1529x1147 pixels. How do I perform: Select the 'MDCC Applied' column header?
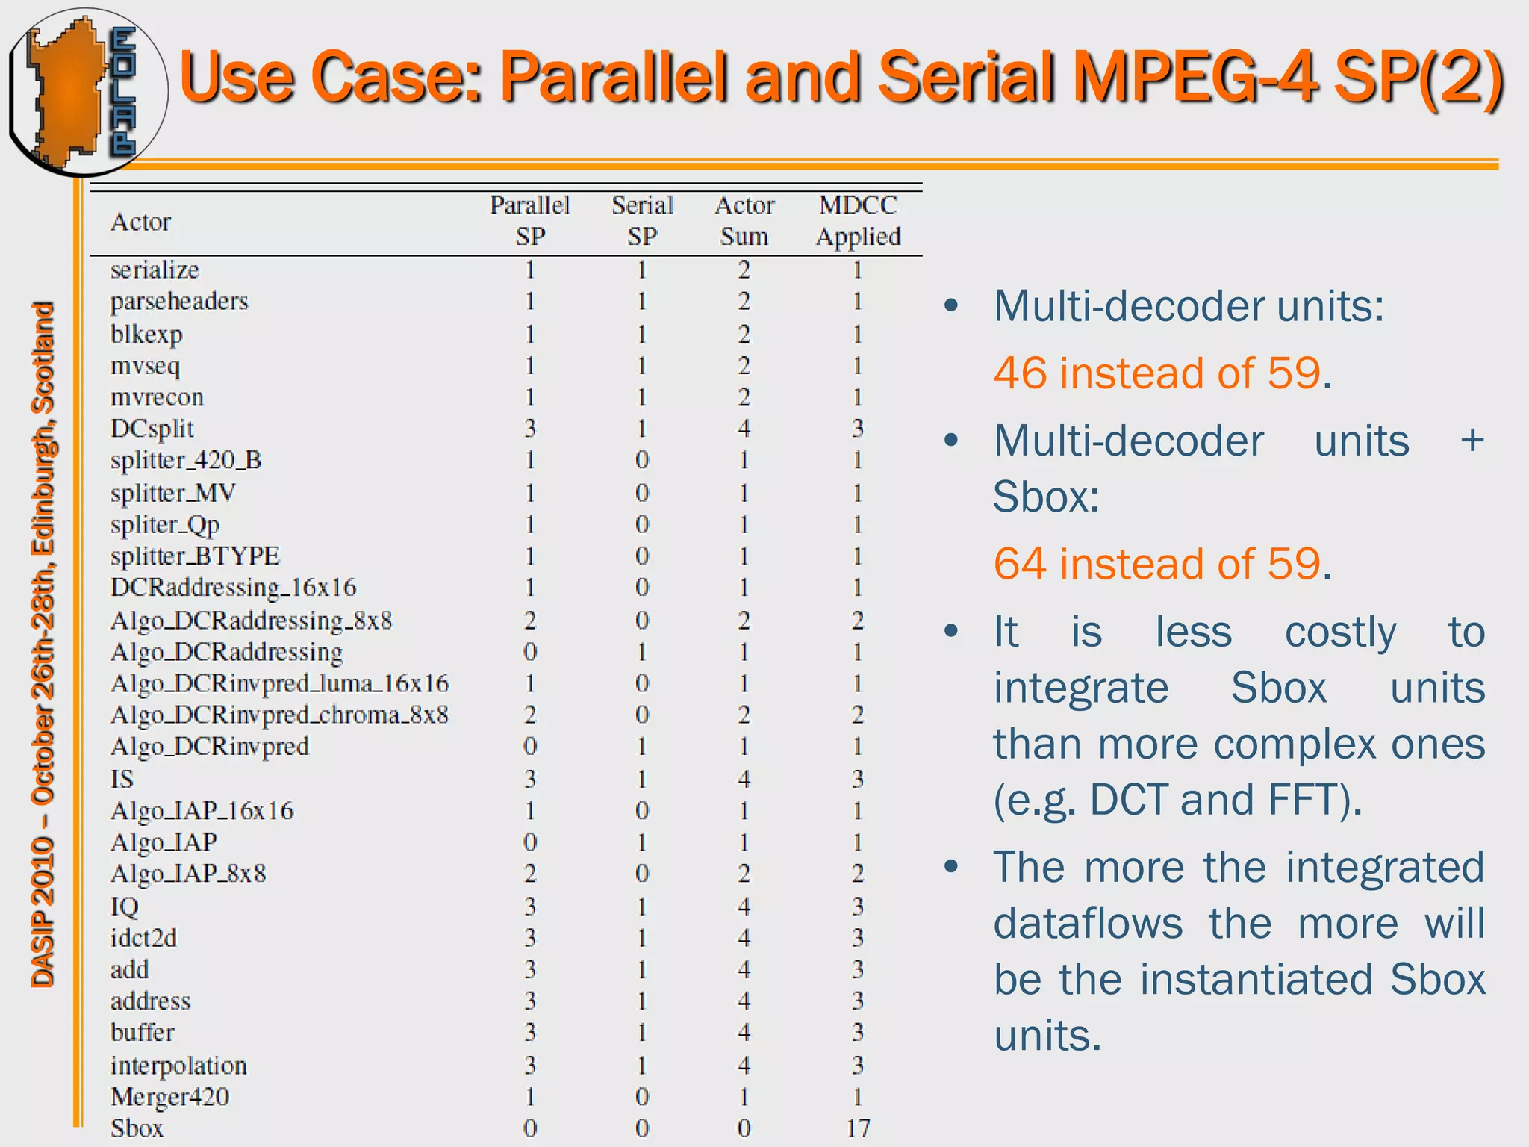858,220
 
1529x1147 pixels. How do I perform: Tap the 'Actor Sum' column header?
744,220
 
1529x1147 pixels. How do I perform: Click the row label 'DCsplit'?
152,429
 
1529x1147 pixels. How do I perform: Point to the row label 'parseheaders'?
179,302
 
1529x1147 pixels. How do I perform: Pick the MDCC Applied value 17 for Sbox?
858,1128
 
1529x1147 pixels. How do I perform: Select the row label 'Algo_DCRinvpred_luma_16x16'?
280,683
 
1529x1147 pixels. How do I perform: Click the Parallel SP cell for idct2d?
530,938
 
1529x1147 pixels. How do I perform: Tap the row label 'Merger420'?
170,1096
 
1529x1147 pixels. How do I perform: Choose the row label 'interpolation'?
178,1065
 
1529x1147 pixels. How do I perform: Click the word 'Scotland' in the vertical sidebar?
43,357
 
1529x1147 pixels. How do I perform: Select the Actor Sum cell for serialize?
744,270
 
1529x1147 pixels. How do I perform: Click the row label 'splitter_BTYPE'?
195,556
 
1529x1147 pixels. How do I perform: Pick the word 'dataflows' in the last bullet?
1088,924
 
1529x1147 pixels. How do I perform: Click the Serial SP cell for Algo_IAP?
642,842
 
